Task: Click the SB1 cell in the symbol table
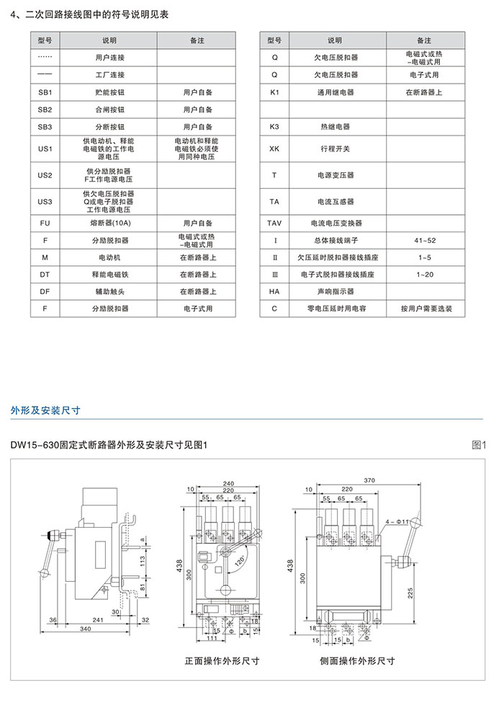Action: click(x=45, y=92)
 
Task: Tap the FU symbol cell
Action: click(x=45, y=224)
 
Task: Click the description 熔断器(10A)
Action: click(x=109, y=224)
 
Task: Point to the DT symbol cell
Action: click(x=45, y=274)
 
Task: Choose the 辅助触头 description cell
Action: click(x=109, y=291)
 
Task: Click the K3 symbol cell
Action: click(x=274, y=126)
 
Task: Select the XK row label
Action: click(x=274, y=149)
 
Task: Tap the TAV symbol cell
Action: click(x=274, y=224)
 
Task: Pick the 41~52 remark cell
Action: click(x=425, y=240)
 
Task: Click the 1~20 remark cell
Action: click(x=425, y=275)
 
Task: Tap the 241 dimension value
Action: click(x=99, y=619)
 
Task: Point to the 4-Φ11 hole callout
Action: click(x=397, y=520)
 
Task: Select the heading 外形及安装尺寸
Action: click(x=45, y=410)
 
